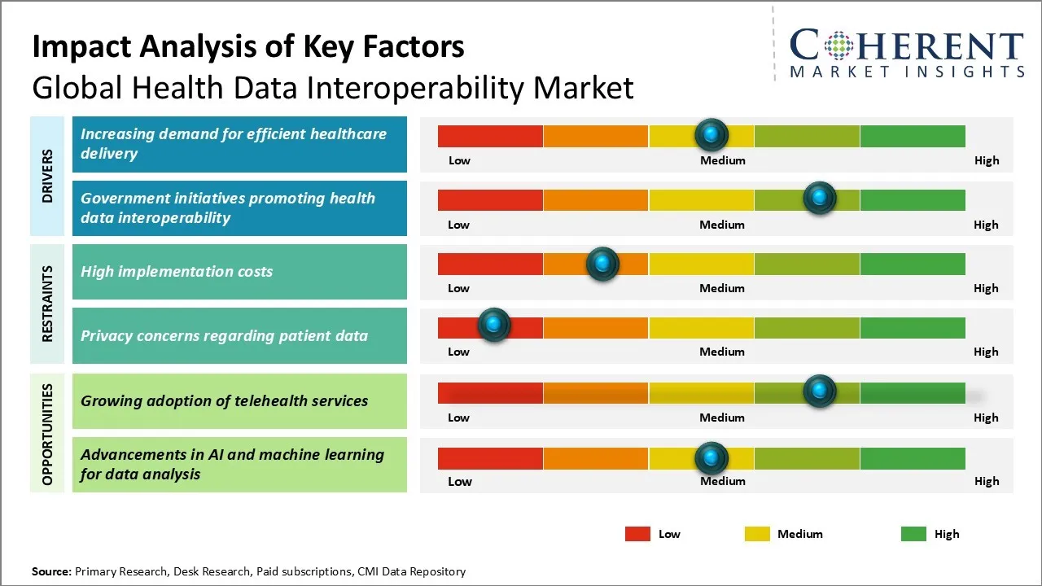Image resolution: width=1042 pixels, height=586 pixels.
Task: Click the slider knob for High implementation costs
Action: pos(602,264)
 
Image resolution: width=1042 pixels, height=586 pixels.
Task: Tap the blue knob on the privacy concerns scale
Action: pos(493,325)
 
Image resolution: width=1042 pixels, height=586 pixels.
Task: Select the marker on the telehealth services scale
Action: pos(819,391)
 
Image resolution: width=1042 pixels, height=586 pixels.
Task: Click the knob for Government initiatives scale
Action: pos(819,199)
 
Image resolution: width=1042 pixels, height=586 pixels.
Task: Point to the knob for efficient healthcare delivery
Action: pos(711,134)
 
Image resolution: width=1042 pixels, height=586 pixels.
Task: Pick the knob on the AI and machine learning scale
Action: pos(711,458)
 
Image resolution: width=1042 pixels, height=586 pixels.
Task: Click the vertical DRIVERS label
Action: pos(47,176)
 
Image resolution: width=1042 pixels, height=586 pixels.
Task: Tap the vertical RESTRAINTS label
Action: pos(47,304)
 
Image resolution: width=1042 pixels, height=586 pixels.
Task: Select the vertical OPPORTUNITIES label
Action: pos(47,434)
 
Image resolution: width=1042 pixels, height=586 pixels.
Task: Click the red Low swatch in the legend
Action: pos(637,534)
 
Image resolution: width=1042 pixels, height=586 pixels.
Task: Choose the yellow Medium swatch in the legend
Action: pos(757,534)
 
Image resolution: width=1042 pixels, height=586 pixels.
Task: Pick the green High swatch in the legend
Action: pos(913,534)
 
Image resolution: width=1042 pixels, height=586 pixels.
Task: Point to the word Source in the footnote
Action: pos(50,571)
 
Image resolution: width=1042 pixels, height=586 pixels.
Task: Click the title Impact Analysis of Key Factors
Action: pos(248,46)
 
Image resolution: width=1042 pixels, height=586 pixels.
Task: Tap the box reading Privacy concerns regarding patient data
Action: pos(239,335)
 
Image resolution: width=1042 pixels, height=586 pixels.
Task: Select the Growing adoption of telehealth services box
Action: pos(239,400)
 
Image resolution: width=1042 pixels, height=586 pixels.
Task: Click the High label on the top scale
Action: pos(986,160)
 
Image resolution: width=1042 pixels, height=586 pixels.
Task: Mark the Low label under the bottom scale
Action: pos(460,481)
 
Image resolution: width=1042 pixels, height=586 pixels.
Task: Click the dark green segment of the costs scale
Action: pos(912,264)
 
